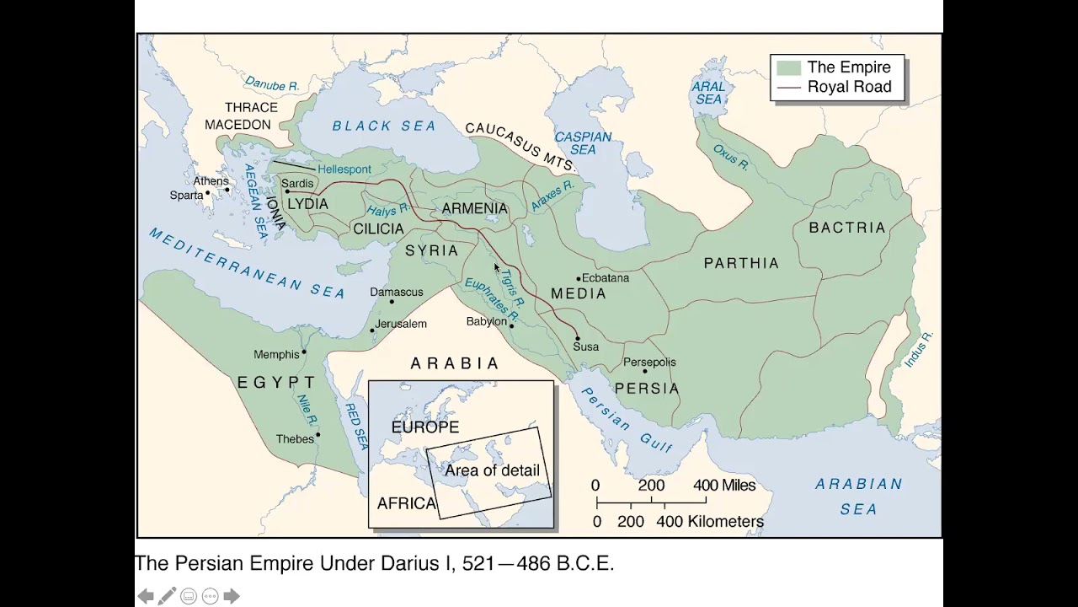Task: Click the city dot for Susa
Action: (578, 338)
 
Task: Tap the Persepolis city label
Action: (648, 362)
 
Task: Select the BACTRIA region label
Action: (847, 228)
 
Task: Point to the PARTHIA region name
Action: (741, 263)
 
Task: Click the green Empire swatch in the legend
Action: (788, 67)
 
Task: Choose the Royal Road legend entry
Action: (848, 87)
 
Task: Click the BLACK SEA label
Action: (384, 126)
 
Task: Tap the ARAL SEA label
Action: (707, 93)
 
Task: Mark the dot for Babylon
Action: (512, 325)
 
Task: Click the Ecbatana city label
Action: (606, 277)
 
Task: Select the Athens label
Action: (211, 180)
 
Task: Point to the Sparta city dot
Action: (208, 193)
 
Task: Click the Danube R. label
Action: (272, 84)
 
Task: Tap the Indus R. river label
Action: (918, 349)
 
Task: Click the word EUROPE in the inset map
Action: (425, 427)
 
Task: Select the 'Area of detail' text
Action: (492, 470)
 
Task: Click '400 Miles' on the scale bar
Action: (724, 486)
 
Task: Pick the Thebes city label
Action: (295, 439)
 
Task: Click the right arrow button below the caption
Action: (231, 596)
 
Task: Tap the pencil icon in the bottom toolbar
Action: (167, 596)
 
